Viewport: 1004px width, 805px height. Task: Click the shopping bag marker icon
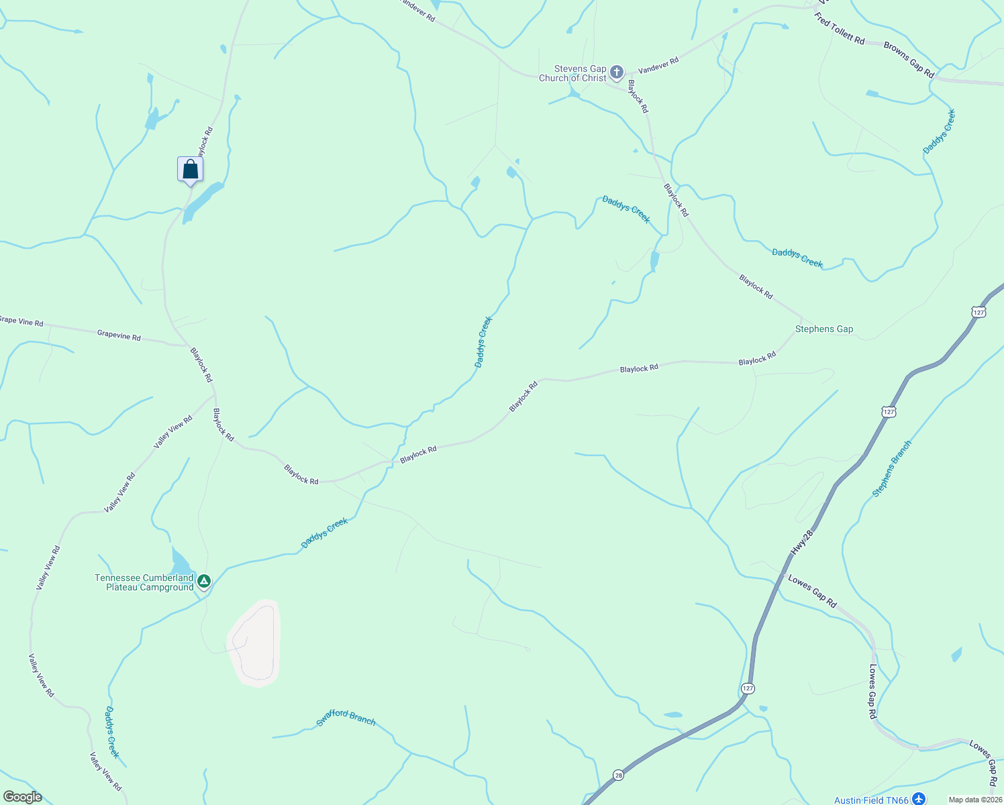coord(190,169)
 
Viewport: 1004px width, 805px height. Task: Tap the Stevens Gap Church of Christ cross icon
coord(617,72)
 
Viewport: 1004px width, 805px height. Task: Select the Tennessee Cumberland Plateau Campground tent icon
coord(204,582)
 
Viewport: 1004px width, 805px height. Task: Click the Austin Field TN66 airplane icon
coord(919,799)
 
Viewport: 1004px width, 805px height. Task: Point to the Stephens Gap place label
coord(824,329)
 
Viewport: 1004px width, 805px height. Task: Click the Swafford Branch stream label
coord(346,718)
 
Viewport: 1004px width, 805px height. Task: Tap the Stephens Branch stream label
coord(892,468)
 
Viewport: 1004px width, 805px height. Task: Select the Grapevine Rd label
coord(119,335)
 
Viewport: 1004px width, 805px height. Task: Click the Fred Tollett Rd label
coord(840,29)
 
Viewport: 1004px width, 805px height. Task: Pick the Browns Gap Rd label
coord(909,59)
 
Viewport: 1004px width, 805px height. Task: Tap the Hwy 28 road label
coord(801,542)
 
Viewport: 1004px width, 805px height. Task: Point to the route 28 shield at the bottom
coord(618,775)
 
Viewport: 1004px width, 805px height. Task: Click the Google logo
coord(22,797)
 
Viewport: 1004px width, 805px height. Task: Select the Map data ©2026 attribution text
coord(974,800)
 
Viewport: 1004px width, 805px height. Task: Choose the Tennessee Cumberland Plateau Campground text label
coord(144,582)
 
